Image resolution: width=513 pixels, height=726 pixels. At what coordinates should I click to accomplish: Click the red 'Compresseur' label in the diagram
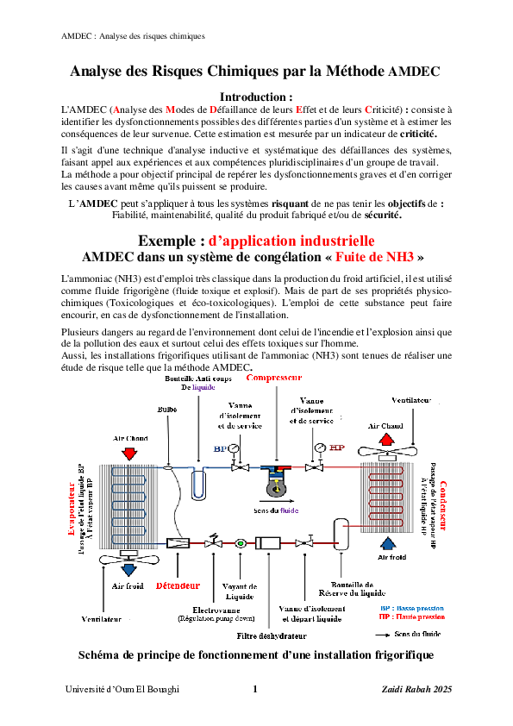click(274, 378)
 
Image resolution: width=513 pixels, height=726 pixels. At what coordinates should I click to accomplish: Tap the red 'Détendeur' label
click(178, 586)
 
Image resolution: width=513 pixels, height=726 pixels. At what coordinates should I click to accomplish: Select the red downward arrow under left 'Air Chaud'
click(130, 454)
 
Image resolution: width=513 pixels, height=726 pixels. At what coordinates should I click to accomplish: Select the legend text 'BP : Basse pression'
click(412, 608)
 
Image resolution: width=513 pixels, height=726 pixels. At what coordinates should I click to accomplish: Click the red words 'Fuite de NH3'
click(376, 257)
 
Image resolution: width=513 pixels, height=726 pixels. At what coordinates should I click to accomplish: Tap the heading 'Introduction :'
click(256, 97)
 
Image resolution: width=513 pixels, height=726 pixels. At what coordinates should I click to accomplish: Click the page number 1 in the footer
click(254, 689)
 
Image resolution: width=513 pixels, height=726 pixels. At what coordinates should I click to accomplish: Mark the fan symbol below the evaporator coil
click(128, 560)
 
